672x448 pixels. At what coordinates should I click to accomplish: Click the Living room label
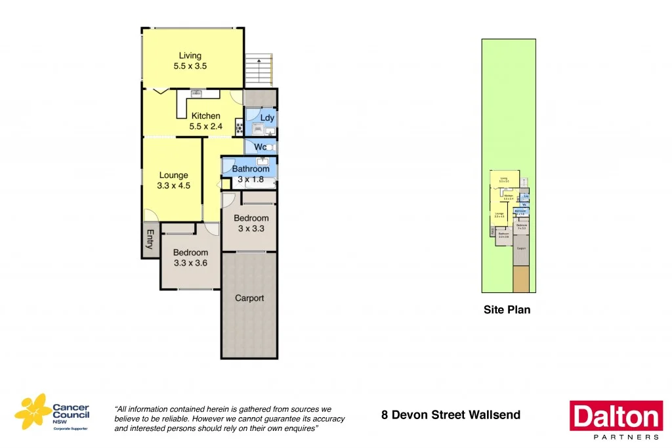(x=190, y=56)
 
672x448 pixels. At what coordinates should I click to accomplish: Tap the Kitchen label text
(x=205, y=116)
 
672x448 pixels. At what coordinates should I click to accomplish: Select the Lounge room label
(x=173, y=175)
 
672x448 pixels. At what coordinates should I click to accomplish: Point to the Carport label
(x=249, y=298)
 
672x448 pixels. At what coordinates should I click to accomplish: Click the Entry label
(x=150, y=239)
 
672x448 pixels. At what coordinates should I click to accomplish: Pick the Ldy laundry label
(x=267, y=118)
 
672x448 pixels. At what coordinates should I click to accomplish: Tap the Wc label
(x=261, y=147)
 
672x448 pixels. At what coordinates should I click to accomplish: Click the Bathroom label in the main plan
(x=251, y=169)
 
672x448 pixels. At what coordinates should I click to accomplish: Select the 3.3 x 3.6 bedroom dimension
(x=190, y=263)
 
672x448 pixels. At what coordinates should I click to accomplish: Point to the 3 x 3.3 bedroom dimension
(x=251, y=229)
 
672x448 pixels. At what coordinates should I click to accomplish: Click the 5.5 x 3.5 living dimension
(x=190, y=66)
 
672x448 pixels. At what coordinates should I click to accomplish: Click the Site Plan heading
(x=507, y=309)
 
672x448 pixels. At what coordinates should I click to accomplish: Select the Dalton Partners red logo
(x=615, y=416)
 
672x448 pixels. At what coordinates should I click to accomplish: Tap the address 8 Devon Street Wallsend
(x=451, y=414)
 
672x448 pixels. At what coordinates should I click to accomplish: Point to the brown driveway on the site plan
(x=521, y=279)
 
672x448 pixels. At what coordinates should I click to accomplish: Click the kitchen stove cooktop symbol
(x=239, y=125)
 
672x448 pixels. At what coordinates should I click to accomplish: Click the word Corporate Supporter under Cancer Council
(x=72, y=428)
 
